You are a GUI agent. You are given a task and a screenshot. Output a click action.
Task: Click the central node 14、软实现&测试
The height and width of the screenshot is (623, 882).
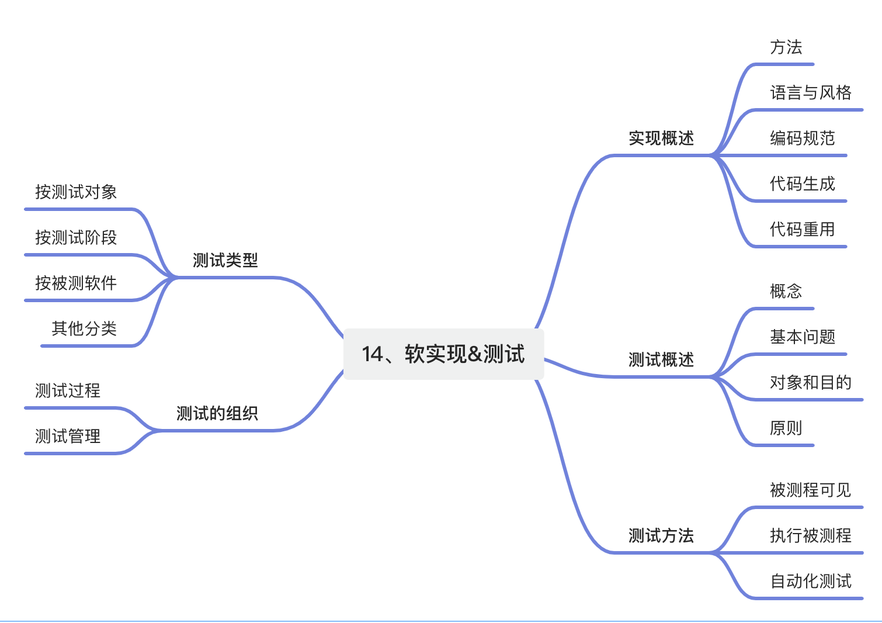click(443, 354)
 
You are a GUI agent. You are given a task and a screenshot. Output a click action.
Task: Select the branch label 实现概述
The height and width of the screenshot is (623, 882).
click(661, 139)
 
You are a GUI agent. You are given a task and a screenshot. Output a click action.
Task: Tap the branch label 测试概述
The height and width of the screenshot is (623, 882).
click(661, 359)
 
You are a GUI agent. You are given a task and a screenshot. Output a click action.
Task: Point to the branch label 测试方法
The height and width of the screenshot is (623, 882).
click(661, 535)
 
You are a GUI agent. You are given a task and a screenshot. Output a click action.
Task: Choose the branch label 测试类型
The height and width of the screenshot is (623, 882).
click(225, 260)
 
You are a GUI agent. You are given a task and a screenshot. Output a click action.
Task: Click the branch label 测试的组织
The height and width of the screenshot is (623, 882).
click(217, 414)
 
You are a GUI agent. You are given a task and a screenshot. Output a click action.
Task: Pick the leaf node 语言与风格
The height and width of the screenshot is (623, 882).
click(810, 92)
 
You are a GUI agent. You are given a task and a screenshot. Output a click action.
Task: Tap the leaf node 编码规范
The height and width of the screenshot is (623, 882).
click(802, 139)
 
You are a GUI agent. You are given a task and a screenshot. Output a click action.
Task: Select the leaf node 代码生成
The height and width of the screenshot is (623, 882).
click(802, 184)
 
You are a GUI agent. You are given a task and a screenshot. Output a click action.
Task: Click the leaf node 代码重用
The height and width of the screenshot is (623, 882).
click(802, 229)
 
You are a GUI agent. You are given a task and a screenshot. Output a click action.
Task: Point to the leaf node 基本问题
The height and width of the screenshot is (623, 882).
click(802, 337)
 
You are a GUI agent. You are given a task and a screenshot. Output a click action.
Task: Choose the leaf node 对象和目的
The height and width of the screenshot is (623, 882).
click(810, 382)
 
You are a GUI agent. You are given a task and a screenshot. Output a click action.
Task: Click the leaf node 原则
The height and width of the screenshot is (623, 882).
click(786, 428)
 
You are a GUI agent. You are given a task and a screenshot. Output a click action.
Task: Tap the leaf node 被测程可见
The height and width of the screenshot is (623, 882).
click(810, 490)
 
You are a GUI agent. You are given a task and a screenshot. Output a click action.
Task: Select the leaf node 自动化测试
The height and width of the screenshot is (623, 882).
click(810, 581)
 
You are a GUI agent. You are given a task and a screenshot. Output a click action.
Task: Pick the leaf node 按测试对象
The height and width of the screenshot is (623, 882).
click(76, 192)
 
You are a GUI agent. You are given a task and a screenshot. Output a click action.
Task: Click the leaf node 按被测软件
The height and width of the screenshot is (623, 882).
click(76, 283)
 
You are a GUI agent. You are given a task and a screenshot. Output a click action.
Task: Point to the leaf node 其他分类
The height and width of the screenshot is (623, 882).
click(84, 328)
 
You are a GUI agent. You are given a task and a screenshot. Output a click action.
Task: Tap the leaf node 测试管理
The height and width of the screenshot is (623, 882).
click(68, 436)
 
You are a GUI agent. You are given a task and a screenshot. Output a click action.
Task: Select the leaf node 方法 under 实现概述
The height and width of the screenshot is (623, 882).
click(786, 47)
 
